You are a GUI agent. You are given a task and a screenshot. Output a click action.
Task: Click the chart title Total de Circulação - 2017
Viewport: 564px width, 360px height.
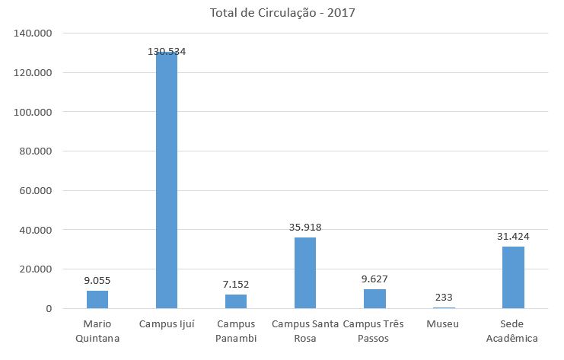coord(282,12)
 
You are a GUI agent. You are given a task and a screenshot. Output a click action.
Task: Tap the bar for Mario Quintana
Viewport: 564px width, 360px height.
coord(97,299)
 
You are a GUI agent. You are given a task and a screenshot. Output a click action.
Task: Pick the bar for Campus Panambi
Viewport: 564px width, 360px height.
coord(236,301)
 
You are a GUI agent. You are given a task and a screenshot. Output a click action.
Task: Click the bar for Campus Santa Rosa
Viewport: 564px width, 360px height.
coord(305,273)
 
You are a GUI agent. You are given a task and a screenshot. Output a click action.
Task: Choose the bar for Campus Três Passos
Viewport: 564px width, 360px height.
coord(374,298)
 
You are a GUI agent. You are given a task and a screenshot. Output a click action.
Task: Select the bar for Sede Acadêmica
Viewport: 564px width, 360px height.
coord(513,278)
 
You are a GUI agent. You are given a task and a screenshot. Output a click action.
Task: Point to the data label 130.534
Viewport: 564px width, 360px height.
coord(167,52)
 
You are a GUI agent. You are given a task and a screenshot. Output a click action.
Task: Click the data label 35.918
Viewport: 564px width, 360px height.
coord(305,227)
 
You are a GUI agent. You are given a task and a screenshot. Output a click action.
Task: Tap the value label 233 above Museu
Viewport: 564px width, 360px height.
coord(444,298)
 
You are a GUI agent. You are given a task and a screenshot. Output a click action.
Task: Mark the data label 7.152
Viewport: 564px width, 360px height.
coord(236,284)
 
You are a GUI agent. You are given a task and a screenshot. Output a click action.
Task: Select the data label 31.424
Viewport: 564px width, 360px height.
coord(513,236)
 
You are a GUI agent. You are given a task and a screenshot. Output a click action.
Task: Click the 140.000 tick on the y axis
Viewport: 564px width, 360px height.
coord(32,33)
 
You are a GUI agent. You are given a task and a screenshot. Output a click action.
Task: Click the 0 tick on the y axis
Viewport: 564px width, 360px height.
coord(47,309)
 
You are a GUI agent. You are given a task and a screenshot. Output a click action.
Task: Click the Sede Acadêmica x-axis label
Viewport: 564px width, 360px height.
coord(513,331)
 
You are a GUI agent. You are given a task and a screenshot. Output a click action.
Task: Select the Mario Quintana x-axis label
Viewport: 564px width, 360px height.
coord(97,331)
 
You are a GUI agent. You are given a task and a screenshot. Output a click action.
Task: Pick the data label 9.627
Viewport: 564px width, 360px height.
coord(374,279)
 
